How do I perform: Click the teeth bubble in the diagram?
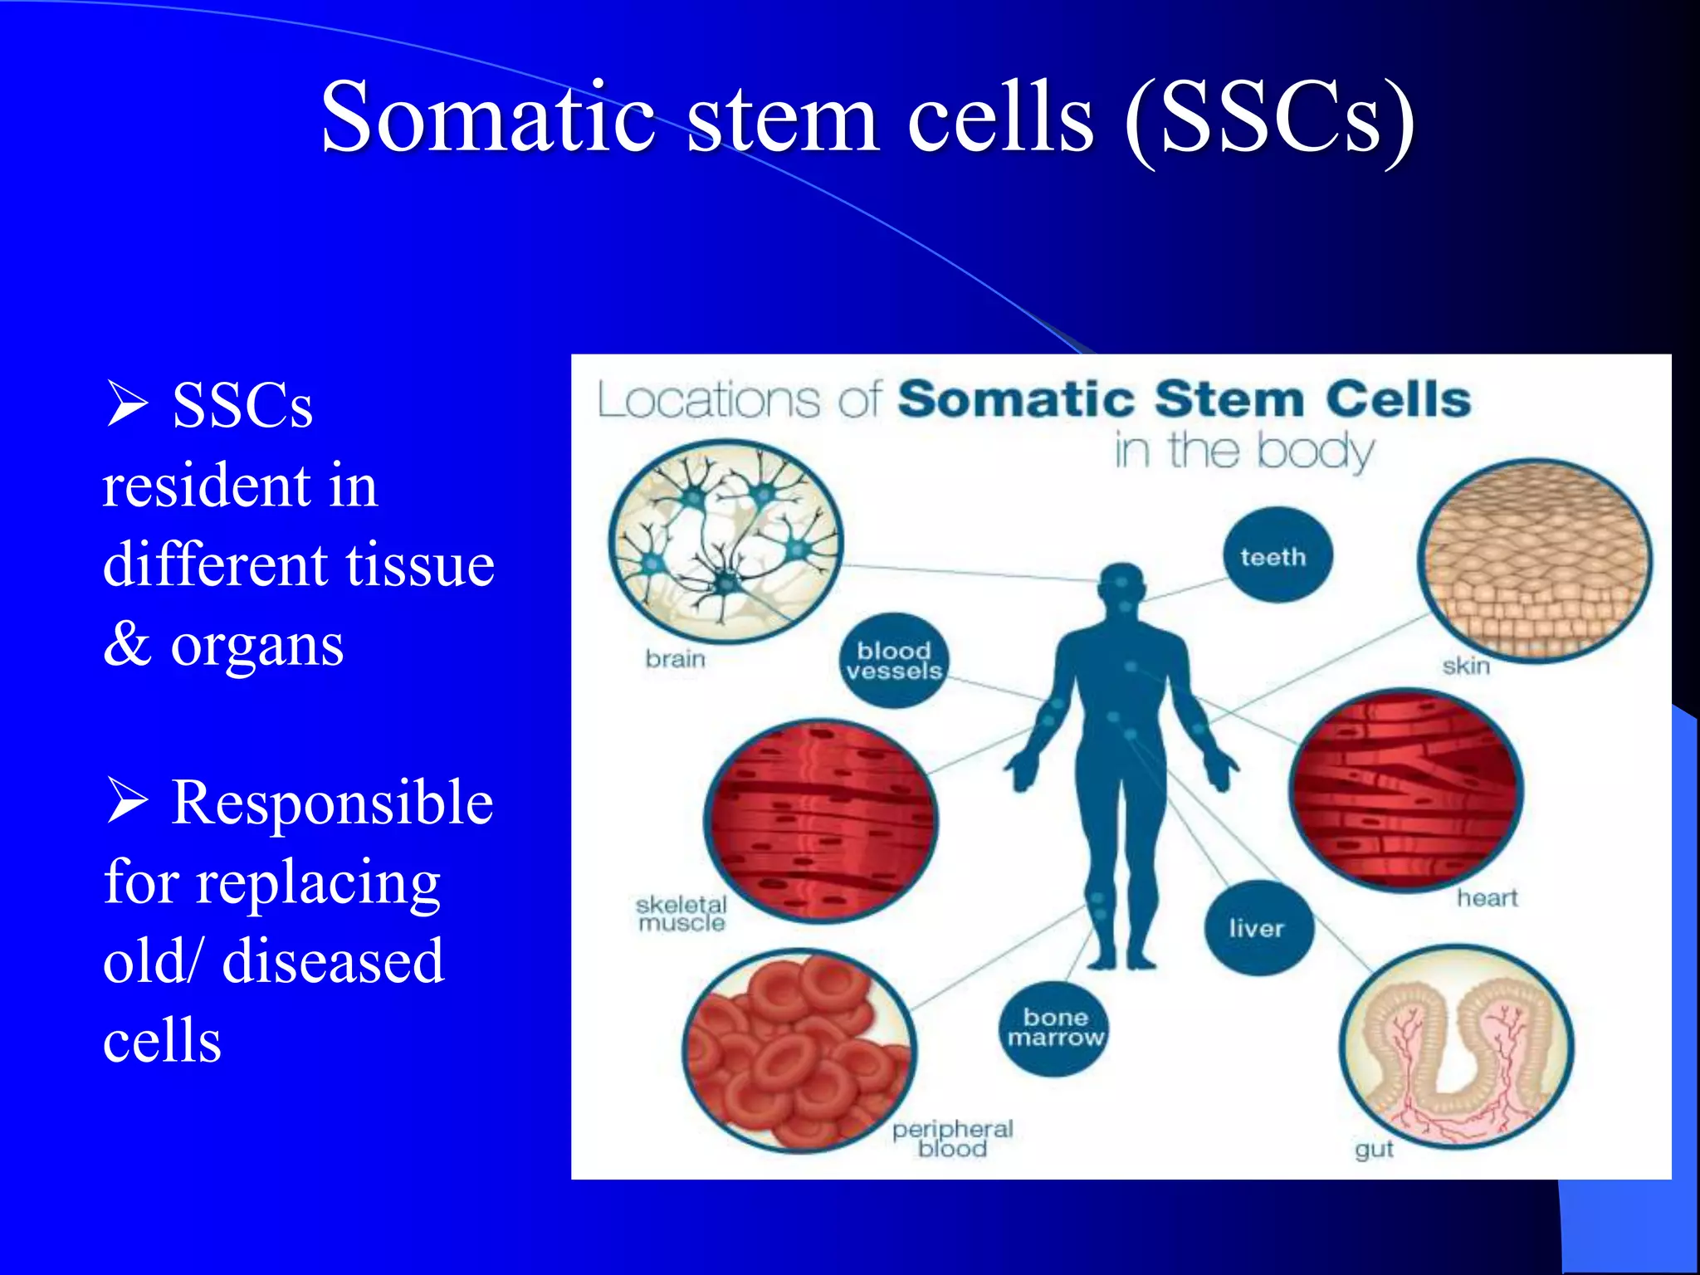(1277, 555)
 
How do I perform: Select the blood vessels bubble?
(894, 661)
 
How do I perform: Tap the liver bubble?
(1258, 928)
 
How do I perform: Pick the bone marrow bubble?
(1054, 1028)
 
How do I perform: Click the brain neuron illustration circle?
(725, 541)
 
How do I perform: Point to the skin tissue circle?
(1534, 560)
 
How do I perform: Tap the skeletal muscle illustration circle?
(820, 820)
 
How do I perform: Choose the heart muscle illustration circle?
(1406, 789)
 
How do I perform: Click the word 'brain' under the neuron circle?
(675, 659)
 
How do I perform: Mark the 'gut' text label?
(1374, 1150)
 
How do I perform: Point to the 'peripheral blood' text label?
(953, 1139)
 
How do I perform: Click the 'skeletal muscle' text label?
(681, 914)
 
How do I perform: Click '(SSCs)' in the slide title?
(1270, 118)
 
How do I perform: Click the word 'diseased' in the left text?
(333, 961)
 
